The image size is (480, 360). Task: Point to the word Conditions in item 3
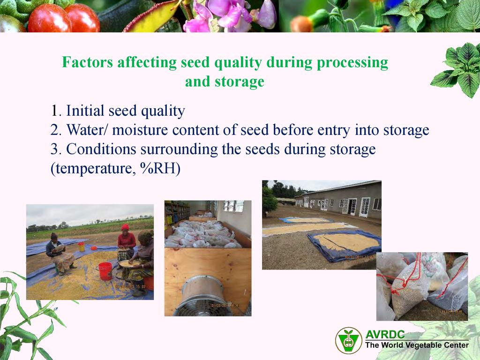(101, 149)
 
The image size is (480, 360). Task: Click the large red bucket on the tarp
(105, 271)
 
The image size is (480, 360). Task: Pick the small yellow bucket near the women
(82, 247)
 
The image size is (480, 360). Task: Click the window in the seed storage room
(234, 206)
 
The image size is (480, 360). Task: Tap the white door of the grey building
(365, 207)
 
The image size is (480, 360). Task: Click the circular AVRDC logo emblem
(349, 340)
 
